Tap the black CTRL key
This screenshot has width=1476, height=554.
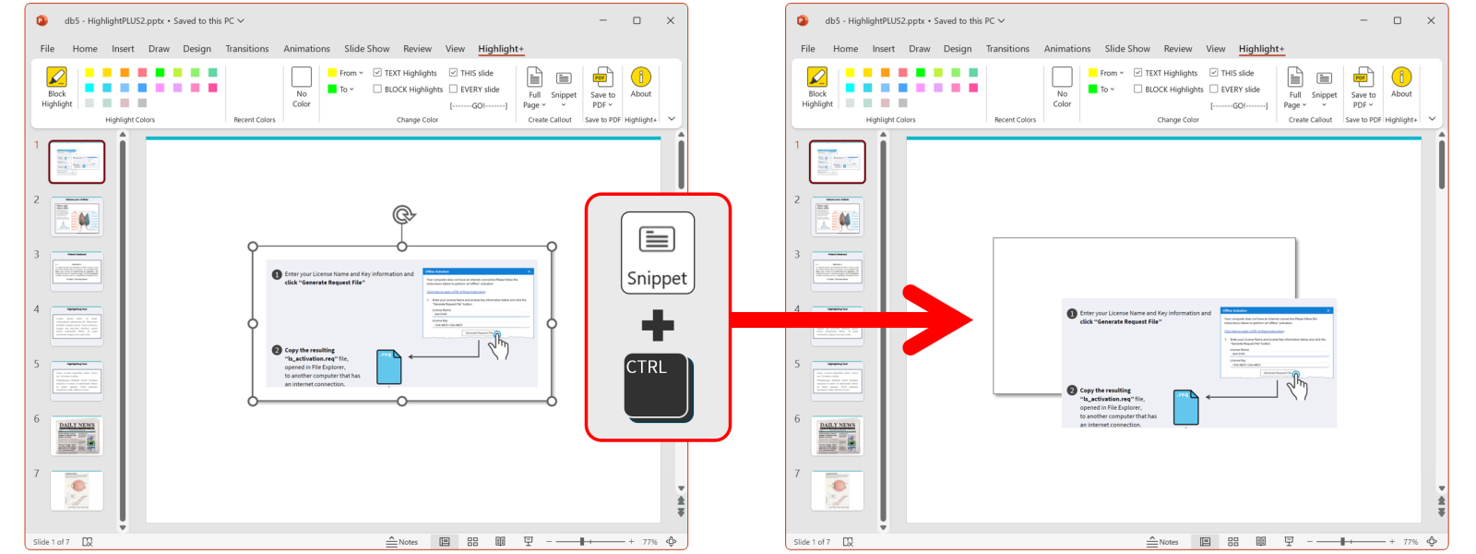tap(656, 386)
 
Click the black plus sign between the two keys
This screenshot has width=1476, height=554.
tap(657, 325)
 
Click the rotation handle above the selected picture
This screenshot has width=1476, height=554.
tap(402, 215)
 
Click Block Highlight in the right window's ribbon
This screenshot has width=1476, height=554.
tap(817, 87)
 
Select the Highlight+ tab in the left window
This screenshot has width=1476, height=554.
tap(500, 49)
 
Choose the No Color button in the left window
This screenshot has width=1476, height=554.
tap(302, 87)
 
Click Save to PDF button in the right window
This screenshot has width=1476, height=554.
tap(1363, 87)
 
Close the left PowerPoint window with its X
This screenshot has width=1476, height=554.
tap(671, 20)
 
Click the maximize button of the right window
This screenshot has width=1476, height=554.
tap(1397, 20)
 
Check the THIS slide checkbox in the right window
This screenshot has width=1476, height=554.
tap(1214, 73)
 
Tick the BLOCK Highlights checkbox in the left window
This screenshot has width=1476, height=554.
tap(377, 90)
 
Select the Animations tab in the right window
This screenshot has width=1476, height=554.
tap(1066, 49)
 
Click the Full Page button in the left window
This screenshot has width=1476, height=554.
tap(534, 87)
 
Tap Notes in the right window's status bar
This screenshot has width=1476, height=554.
tap(1162, 542)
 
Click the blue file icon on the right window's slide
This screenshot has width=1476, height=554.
tap(1185, 407)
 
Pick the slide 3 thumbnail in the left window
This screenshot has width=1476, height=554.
tap(77, 271)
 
